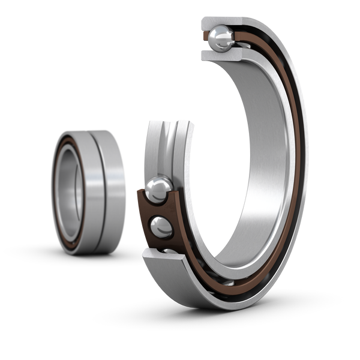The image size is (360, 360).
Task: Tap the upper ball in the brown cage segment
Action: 159,188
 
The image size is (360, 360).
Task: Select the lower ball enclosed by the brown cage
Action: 161,227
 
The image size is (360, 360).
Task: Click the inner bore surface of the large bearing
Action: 264,180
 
